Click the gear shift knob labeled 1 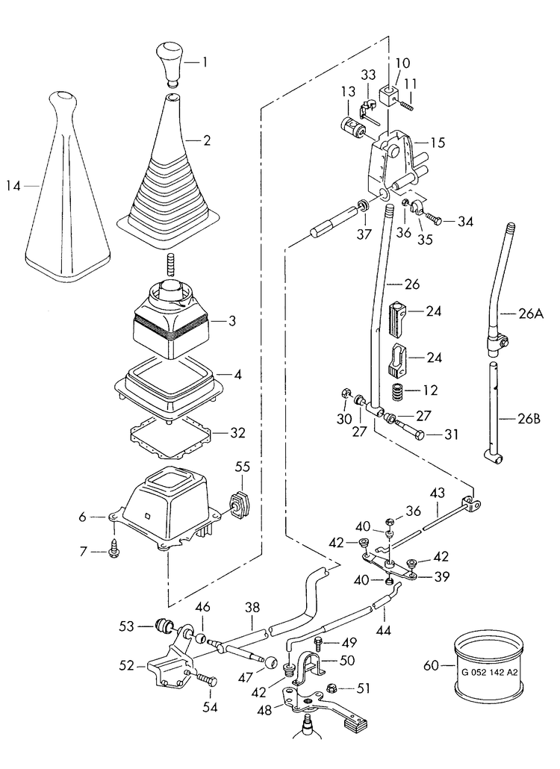point(169,63)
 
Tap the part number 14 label point(13,186)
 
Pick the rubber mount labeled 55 point(240,505)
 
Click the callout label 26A point(531,313)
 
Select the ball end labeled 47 point(272,661)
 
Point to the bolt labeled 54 point(208,681)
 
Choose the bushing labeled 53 point(164,626)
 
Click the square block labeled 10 point(390,96)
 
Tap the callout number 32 point(237,434)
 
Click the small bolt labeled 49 point(318,643)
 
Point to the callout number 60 point(432,666)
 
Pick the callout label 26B point(529,419)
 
